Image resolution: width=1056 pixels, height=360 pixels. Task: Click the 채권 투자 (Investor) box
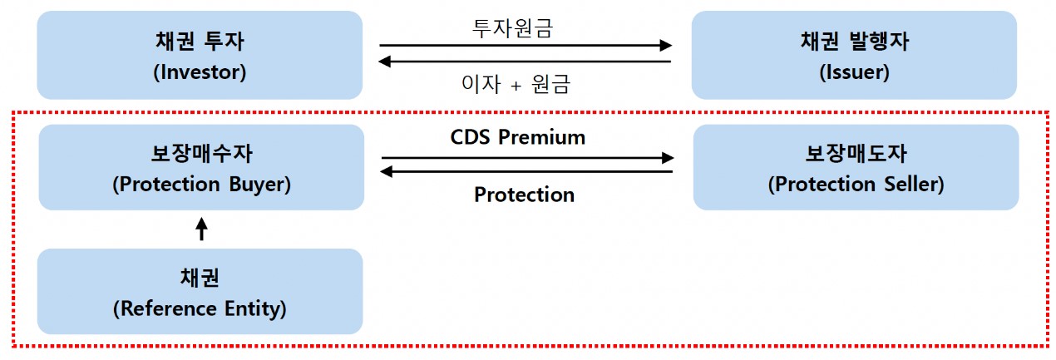click(x=200, y=55)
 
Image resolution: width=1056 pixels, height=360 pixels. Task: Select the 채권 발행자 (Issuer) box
click(x=854, y=55)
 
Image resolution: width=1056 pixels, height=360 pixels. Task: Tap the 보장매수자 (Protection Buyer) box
click(x=201, y=167)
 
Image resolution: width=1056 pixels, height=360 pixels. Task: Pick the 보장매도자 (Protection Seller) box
click(x=856, y=167)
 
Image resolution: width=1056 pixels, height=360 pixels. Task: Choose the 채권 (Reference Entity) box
click(x=200, y=291)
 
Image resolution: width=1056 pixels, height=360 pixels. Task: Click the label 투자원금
click(x=512, y=28)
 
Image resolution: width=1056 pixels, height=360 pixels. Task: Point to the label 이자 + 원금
click(x=516, y=84)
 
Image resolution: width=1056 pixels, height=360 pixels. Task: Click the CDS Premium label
click(x=518, y=137)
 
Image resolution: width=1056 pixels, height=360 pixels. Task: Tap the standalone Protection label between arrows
click(x=524, y=195)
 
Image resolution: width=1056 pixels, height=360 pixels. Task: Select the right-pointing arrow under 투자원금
click(x=526, y=46)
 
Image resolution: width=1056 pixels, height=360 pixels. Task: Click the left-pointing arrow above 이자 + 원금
click(x=526, y=62)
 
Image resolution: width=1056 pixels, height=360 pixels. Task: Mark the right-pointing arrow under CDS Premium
click(x=527, y=156)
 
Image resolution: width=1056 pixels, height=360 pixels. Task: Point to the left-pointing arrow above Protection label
click(x=527, y=172)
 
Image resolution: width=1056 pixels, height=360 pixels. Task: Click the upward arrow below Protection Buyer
click(x=200, y=229)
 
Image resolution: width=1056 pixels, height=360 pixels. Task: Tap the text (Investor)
click(x=200, y=72)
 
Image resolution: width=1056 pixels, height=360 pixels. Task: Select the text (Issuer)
click(x=854, y=72)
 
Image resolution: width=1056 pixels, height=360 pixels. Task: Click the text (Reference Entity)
click(x=200, y=309)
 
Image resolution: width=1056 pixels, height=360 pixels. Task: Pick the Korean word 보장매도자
click(x=856, y=154)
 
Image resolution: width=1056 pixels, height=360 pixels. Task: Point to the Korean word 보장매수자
click(x=201, y=154)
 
